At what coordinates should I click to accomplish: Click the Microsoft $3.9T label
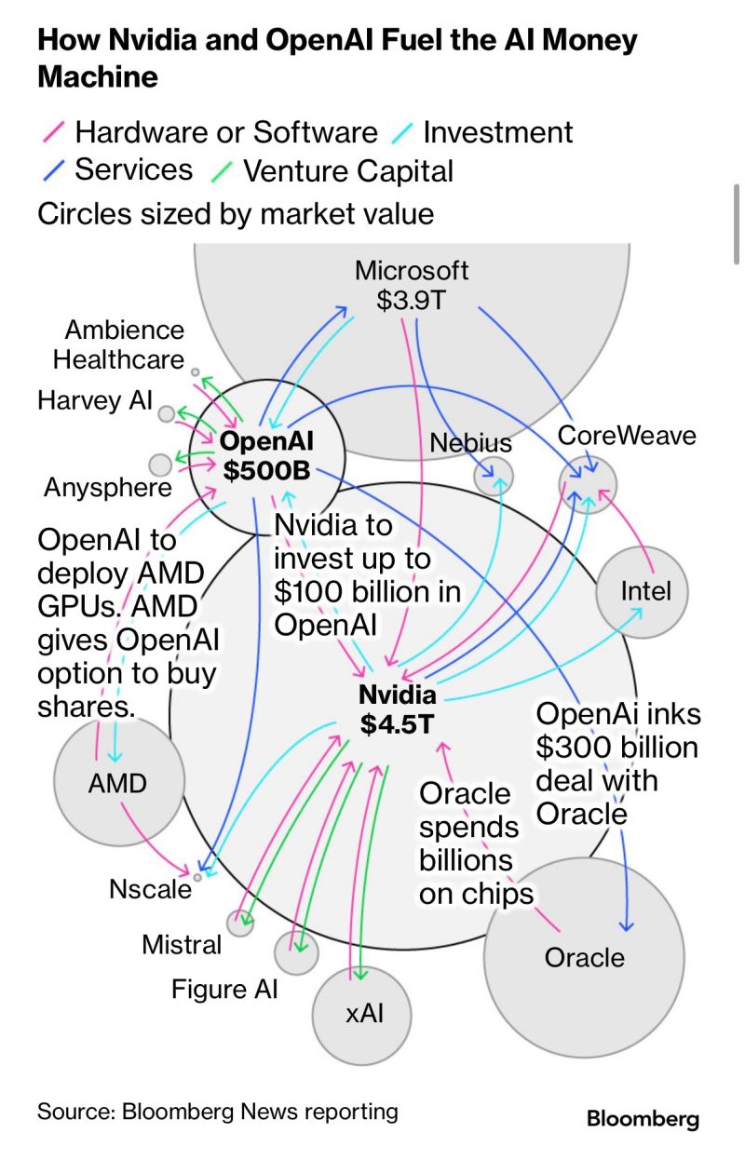click(412, 286)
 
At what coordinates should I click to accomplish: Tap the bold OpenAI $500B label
click(268, 456)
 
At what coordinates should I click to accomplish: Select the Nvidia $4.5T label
click(398, 709)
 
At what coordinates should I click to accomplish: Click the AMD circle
click(118, 783)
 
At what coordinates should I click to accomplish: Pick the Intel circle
click(645, 590)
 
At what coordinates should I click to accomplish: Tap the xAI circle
click(363, 1014)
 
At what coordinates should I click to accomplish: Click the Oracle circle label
click(584, 957)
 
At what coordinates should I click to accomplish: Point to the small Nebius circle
click(494, 476)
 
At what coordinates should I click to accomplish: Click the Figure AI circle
click(296, 951)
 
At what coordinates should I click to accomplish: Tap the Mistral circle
click(240, 923)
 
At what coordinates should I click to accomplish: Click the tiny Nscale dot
click(197, 876)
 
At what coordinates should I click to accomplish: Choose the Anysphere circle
click(160, 464)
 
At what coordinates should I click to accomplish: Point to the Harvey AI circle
click(166, 413)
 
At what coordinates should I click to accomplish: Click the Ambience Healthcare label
click(118, 344)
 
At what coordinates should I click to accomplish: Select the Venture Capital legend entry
click(347, 170)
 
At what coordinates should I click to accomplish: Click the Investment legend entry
click(497, 132)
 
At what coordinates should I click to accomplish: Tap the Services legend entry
click(133, 169)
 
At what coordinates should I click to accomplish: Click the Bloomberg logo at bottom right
click(643, 1119)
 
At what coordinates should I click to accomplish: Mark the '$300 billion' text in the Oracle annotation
click(616, 747)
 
